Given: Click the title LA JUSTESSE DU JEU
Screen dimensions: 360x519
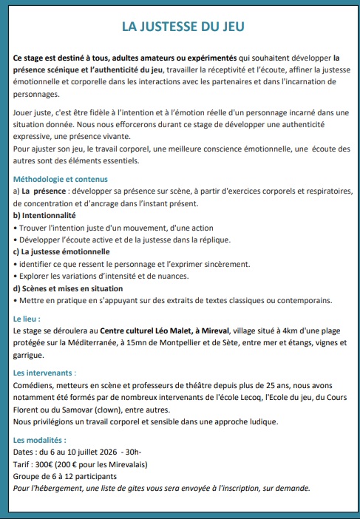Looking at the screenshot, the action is click(x=183, y=27).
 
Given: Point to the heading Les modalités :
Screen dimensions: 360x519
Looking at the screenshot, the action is click(x=40, y=440).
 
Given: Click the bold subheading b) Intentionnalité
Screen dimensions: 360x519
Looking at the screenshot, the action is click(x=45, y=215).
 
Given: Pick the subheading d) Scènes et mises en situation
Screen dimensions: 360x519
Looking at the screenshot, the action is click(x=68, y=288).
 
